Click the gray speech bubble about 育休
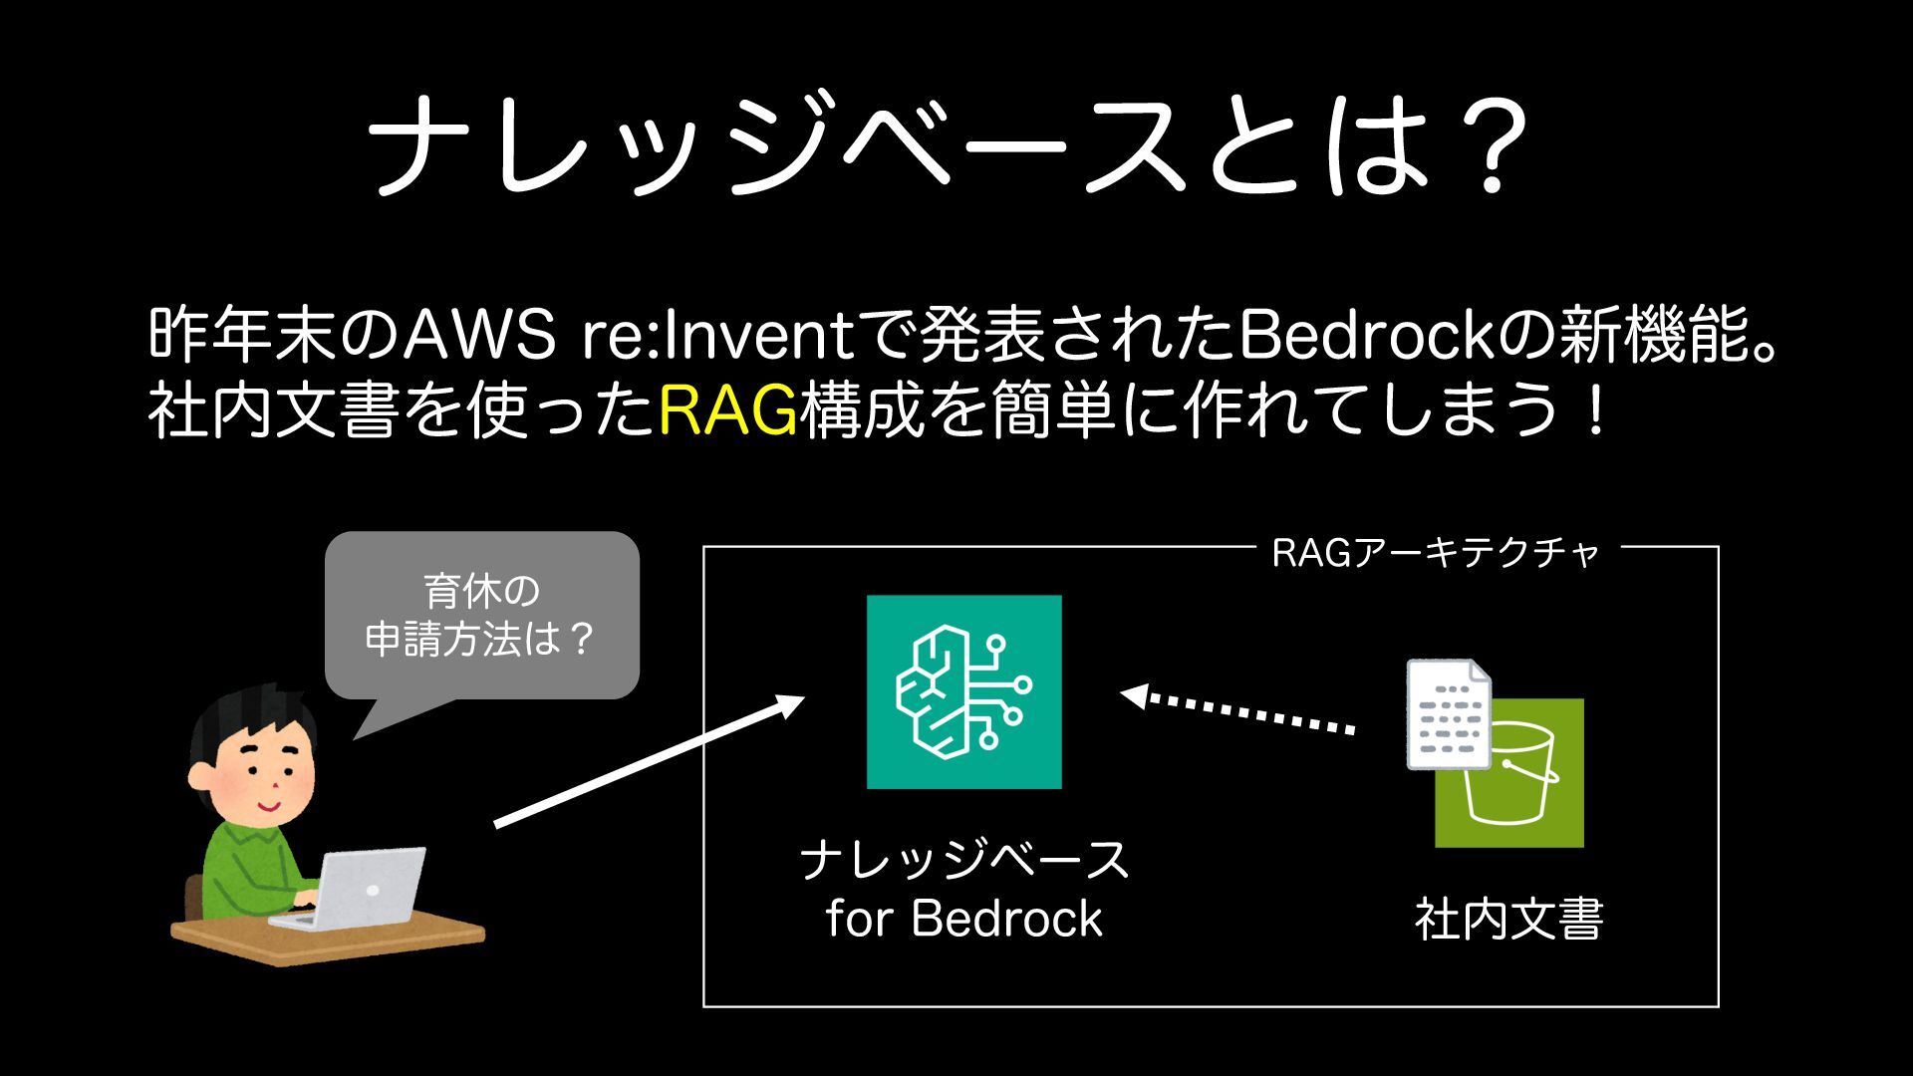point(481,616)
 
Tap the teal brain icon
point(963,691)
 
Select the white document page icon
point(1447,712)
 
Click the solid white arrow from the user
point(649,762)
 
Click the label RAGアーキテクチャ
point(1435,553)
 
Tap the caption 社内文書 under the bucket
point(1508,919)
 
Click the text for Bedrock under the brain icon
point(963,919)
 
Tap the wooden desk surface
point(329,941)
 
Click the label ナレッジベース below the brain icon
point(963,859)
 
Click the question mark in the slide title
point(1489,144)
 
